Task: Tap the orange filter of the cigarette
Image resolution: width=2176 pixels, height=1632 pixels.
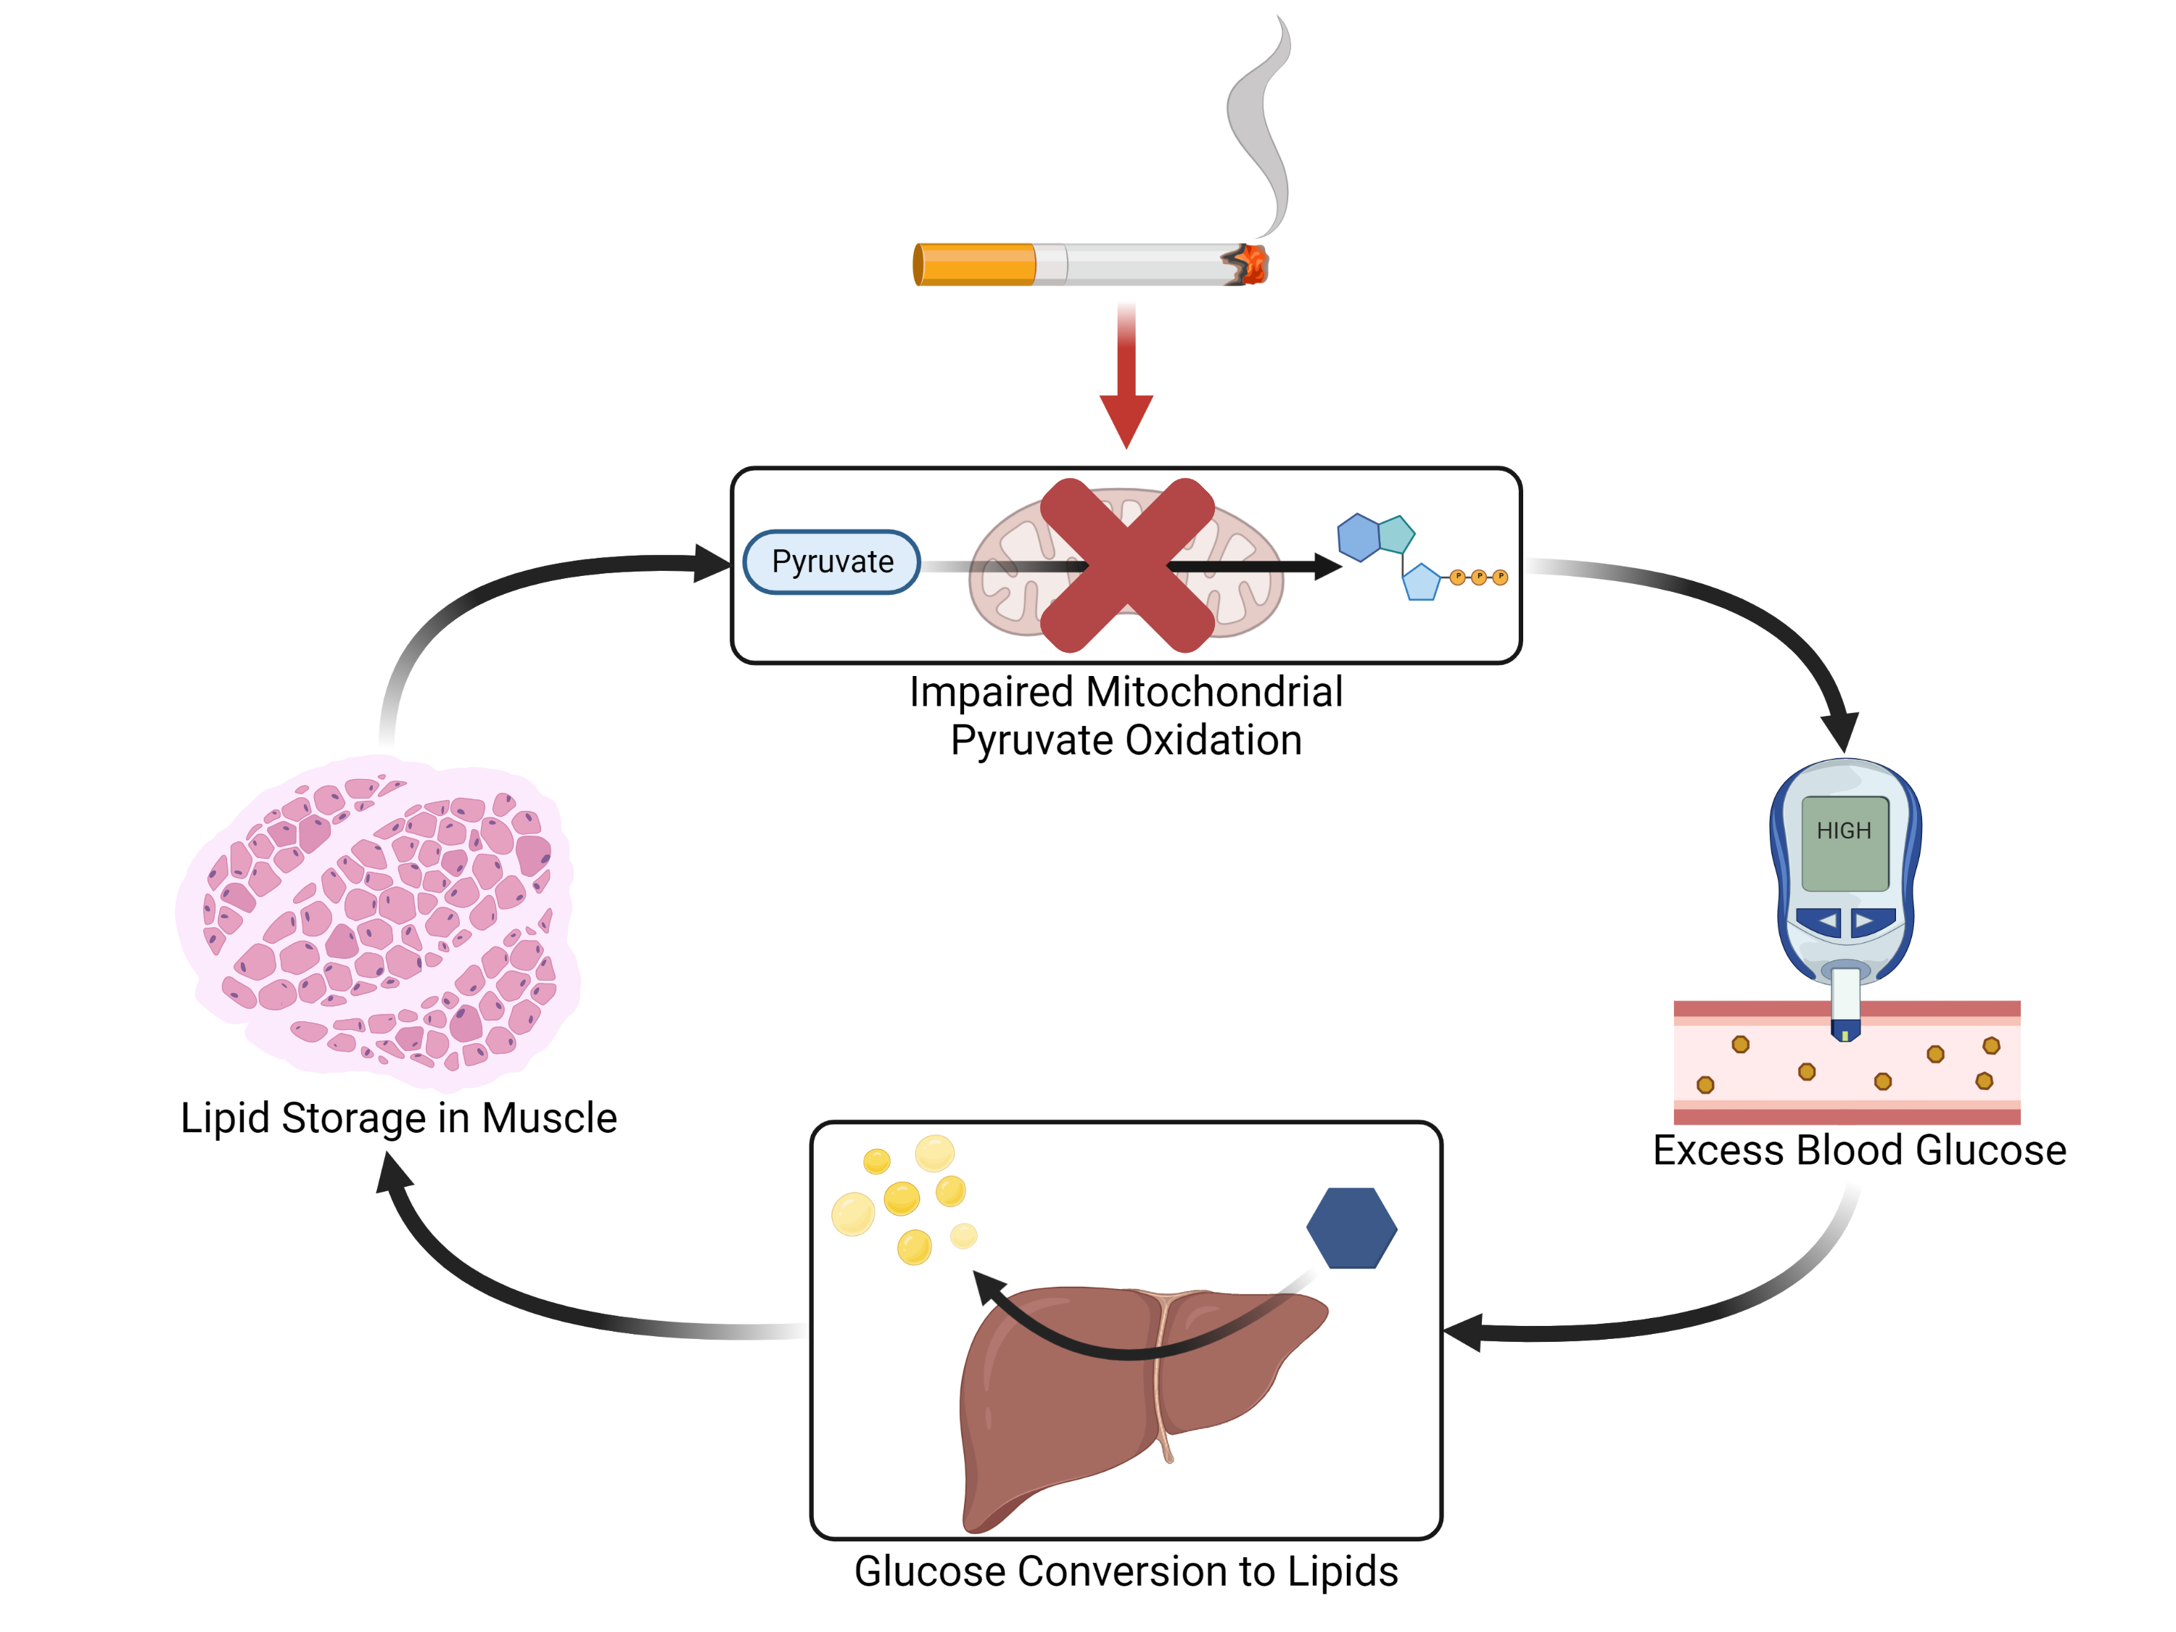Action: [x=975, y=265]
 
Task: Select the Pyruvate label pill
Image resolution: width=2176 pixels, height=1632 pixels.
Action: [x=832, y=561]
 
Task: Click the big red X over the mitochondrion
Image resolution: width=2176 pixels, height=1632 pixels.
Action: [x=1127, y=566]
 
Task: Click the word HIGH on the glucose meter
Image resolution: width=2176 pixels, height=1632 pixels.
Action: [x=1844, y=831]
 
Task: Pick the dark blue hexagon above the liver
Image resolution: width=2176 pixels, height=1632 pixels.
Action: [x=1351, y=1228]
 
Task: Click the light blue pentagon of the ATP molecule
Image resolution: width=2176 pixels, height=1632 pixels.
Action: [x=1420, y=582]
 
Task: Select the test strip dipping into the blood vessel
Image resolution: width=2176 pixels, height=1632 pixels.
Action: [x=1845, y=1003]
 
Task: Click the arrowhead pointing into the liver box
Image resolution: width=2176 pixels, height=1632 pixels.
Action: [x=1463, y=1333]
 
